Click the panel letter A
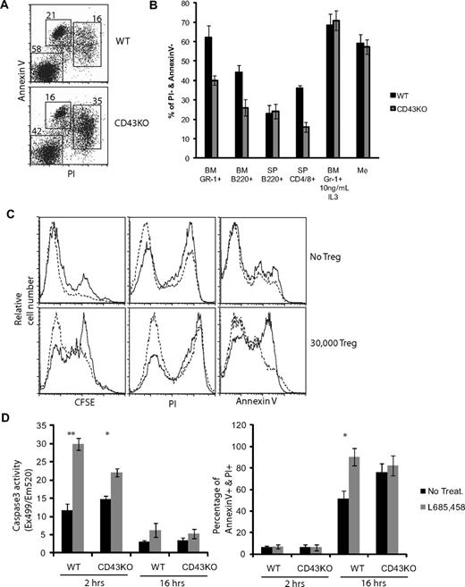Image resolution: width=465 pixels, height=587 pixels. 7,7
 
